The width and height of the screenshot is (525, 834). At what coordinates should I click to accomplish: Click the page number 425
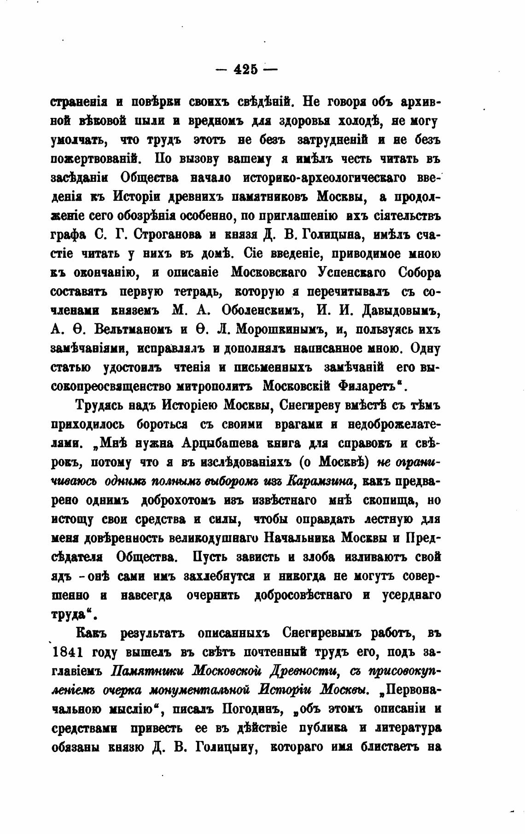tap(246, 70)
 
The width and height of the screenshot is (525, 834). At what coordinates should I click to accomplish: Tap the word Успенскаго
tap(352, 273)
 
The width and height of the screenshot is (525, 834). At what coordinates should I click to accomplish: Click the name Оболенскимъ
tap(263, 310)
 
